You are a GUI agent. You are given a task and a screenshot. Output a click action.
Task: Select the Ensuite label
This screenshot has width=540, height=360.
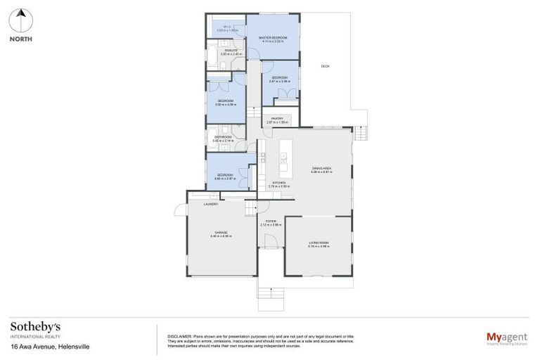pos(229,51)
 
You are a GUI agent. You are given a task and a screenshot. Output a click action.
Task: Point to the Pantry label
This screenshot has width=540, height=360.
pos(274,120)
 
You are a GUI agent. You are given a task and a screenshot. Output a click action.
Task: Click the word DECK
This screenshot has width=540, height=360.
pos(325,67)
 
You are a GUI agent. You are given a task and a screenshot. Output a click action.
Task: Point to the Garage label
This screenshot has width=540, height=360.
pos(220,233)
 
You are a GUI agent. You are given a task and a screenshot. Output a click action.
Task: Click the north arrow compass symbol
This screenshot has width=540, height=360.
pos(20,20)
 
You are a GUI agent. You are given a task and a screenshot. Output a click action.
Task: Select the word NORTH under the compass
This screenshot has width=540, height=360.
pos(20,39)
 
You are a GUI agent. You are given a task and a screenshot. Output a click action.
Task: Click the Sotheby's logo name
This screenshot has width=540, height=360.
pos(35,327)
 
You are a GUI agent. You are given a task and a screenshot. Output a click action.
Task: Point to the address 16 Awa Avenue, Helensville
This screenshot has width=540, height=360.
pos(50,347)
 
